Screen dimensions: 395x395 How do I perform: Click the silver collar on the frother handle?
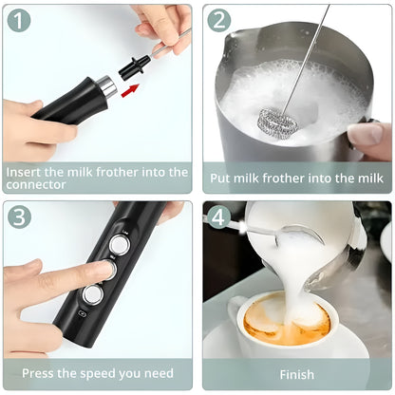[108, 88]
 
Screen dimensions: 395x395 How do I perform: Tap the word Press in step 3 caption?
[40, 373]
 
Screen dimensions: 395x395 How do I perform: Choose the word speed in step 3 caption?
[100, 373]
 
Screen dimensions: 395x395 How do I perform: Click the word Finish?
[296, 374]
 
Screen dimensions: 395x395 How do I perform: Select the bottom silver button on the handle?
[92, 295]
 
